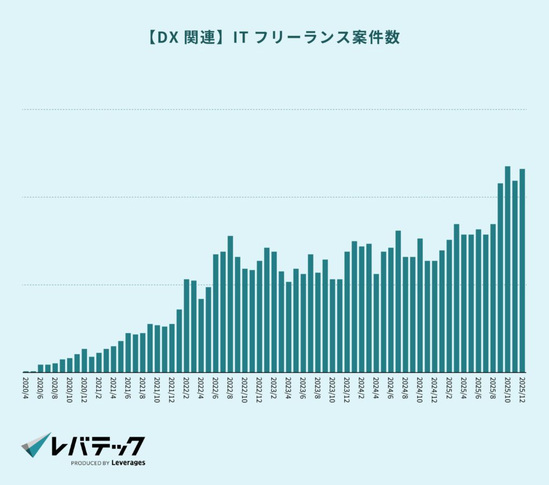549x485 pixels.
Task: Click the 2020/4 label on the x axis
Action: (26, 387)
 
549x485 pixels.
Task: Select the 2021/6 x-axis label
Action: (128, 387)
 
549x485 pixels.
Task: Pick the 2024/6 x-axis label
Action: (391, 387)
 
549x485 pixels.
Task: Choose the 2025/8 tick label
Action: (493, 387)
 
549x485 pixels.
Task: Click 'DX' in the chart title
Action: (166, 38)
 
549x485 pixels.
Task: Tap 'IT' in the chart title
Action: (240, 38)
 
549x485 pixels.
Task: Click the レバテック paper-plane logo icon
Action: (36, 445)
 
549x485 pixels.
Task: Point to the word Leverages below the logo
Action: (129, 462)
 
